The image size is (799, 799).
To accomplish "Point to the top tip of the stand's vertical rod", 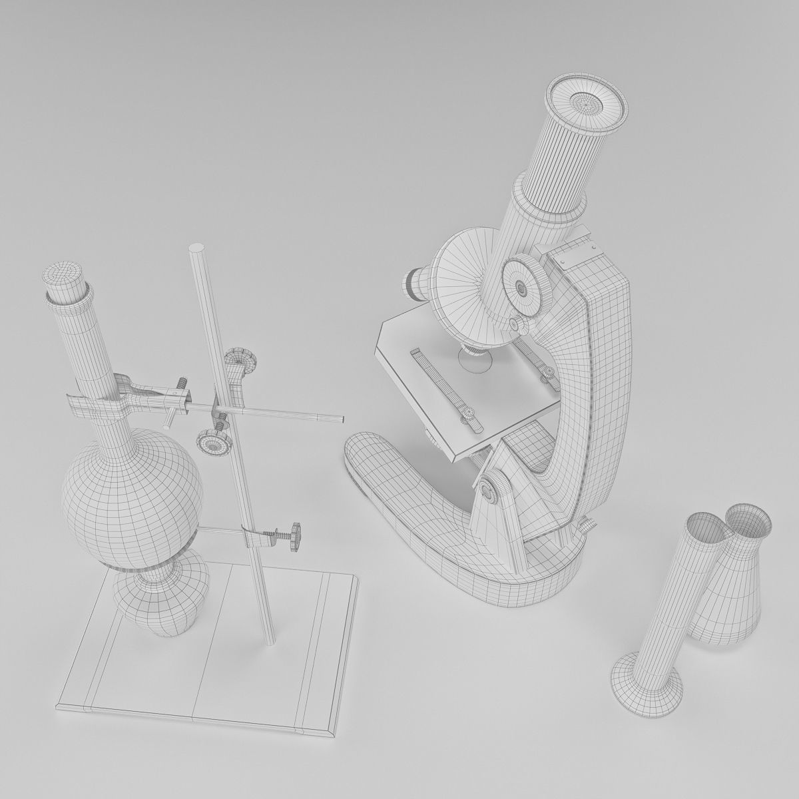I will coord(198,250).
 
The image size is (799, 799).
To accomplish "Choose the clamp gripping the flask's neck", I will coord(100,400).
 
